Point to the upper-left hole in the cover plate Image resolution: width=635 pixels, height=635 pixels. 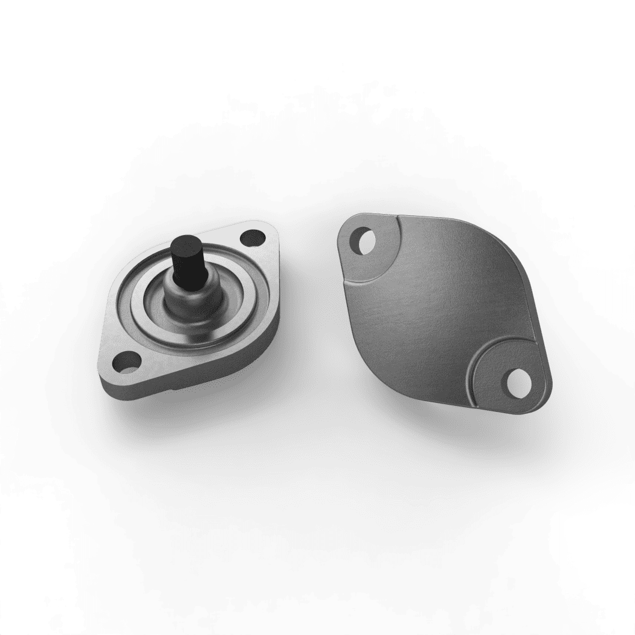click(x=364, y=241)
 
